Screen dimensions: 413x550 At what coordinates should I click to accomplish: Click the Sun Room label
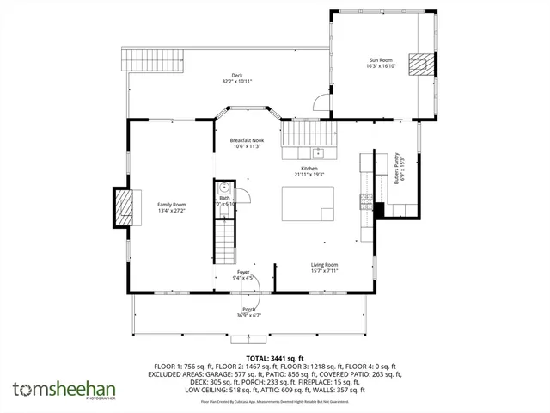point(381,59)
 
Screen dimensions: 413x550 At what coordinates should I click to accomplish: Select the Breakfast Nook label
point(247,139)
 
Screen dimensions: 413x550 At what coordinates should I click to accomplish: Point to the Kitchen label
point(309,168)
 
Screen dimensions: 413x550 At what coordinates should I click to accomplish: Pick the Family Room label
point(172,204)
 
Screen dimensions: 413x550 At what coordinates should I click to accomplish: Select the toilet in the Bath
point(223,188)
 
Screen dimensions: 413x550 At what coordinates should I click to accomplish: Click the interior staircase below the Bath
point(224,241)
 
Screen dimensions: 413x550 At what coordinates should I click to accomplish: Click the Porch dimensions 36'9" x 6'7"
point(248,315)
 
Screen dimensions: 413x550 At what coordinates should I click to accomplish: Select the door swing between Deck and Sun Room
point(320,102)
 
